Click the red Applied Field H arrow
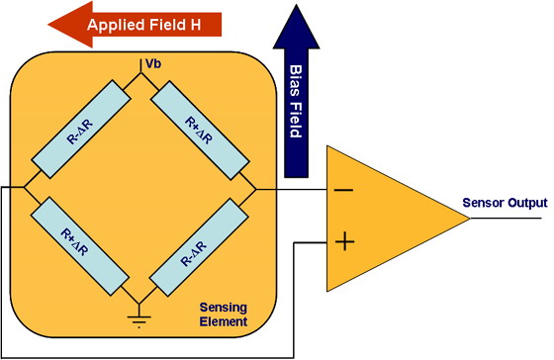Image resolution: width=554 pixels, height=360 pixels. [135, 25]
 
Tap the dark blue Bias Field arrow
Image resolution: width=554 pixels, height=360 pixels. [296, 91]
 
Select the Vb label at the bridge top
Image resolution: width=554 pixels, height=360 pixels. [153, 63]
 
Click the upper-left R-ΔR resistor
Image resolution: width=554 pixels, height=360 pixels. [81, 129]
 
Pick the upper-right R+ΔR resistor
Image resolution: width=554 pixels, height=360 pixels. [200, 131]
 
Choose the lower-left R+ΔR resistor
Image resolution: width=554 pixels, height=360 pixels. [80, 246]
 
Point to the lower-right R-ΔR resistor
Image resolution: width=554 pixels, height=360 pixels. [199, 247]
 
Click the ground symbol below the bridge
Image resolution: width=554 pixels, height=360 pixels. [138, 316]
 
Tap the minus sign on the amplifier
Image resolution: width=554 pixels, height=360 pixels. [343, 191]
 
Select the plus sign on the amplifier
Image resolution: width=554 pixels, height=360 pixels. [344, 241]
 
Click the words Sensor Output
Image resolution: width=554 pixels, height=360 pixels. [505, 203]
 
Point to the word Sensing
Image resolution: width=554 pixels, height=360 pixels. [224, 308]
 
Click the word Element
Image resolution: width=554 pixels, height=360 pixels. [224, 321]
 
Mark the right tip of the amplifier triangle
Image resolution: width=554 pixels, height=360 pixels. [470, 219]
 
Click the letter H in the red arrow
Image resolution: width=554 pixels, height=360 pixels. [196, 25]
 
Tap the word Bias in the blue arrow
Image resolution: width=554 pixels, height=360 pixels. [296, 80]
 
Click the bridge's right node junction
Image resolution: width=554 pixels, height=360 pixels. [255, 189]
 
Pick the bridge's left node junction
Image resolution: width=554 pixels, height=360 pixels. [24, 187]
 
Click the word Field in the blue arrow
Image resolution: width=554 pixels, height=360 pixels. [296, 120]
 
